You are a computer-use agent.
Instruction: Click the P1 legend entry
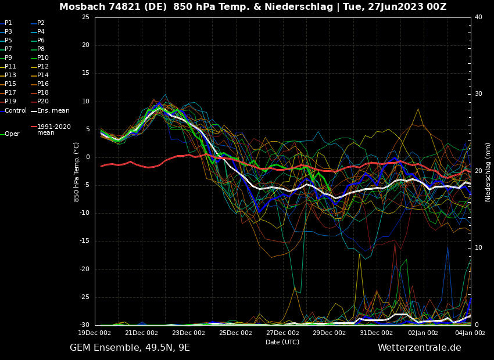pos(8,23)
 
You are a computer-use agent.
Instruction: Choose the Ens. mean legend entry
pos(53,110)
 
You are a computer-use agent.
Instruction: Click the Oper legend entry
pos(12,134)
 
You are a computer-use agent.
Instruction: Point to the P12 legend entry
pos(43,67)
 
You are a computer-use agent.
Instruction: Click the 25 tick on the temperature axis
pos(85,17)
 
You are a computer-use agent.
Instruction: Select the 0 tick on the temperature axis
pos(88,157)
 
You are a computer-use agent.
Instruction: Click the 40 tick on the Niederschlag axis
pos(478,17)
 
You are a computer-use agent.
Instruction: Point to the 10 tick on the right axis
pos(478,248)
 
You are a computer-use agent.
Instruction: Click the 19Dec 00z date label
pos(95,333)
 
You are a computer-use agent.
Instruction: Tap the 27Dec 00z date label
pos(282,333)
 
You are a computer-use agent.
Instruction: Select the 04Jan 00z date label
pos(470,333)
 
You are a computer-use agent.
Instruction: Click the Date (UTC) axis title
pos(282,343)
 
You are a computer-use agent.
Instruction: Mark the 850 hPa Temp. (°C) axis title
pos(77,171)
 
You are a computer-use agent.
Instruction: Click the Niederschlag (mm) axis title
pos(488,172)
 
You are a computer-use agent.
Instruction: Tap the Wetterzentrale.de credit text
pos(419,348)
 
